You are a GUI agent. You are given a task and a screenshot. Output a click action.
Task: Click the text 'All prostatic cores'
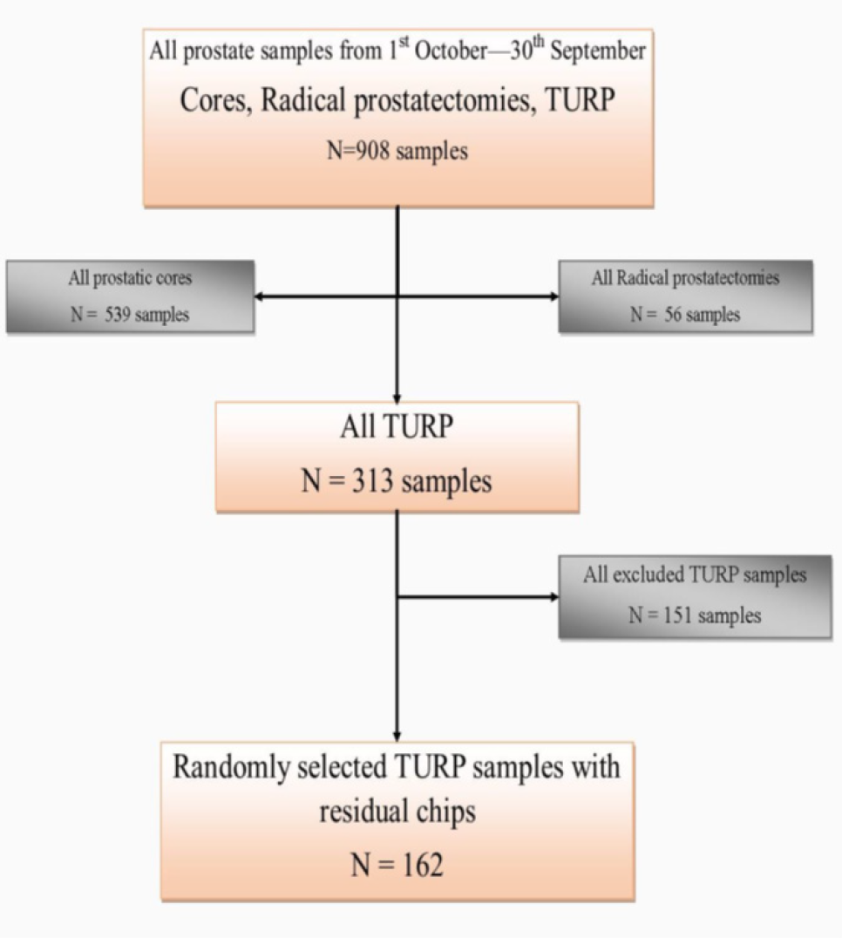[x=130, y=279]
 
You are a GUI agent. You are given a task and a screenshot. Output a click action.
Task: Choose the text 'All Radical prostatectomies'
[x=685, y=279]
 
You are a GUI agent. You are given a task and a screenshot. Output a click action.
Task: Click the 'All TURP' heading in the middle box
[x=397, y=430]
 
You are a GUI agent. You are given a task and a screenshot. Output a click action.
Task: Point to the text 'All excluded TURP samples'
[x=695, y=575]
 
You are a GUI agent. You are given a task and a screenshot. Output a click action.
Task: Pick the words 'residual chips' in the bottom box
[x=397, y=812]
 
